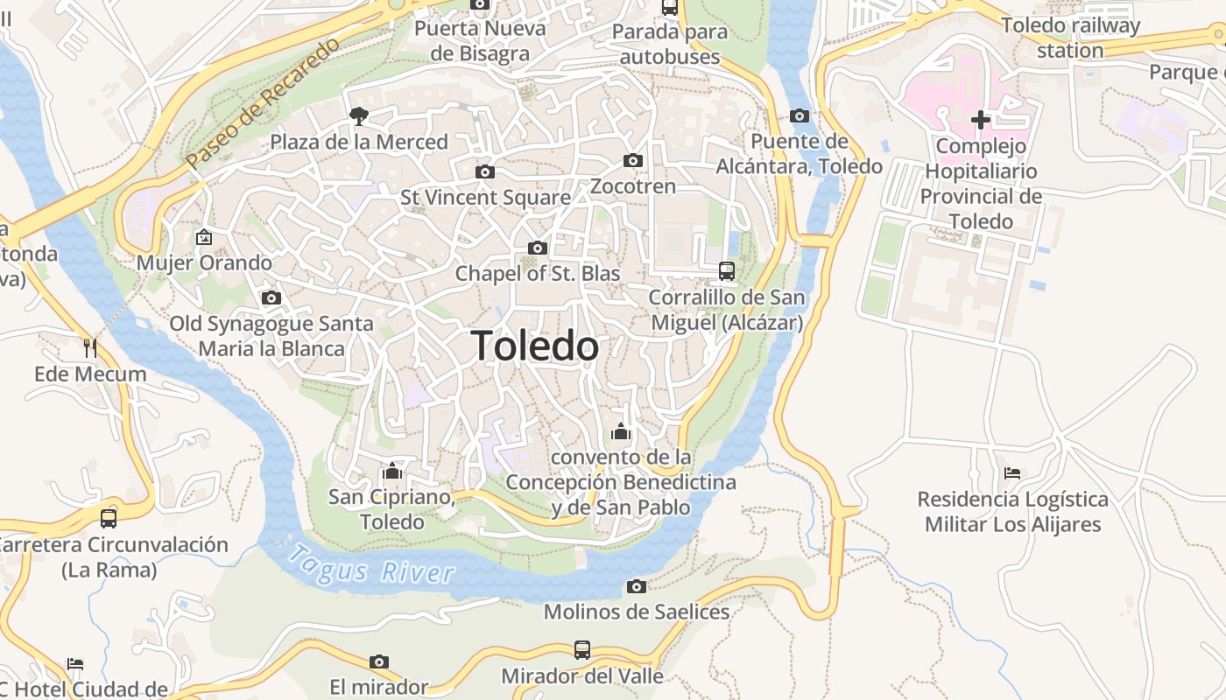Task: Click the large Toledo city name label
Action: tap(535, 346)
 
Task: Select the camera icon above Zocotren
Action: tap(633, 160)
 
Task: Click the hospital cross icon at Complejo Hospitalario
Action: tap(981, 119)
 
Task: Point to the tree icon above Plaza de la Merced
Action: tap(358, 115)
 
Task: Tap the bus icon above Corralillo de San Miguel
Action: tap(727, 271)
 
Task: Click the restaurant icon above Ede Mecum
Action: tap(90, 348)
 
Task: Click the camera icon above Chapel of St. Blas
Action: tap(538, 248)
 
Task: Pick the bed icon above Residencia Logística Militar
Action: tap(1012, 473)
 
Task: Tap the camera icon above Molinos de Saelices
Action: tap(637, 586)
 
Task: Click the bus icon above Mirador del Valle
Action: tap(582, 650)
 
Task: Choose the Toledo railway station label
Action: tap(1070, 38)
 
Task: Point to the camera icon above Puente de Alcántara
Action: tap(799, 115)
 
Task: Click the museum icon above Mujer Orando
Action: tap(204, 236)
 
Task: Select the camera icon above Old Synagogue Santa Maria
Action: tap(271, 298)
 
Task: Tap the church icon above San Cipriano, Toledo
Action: tap(391, 472)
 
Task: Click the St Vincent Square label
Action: tap(485, 198)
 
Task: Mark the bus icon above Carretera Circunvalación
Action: tap(109, 519)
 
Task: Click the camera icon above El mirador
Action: tap(378, 661)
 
